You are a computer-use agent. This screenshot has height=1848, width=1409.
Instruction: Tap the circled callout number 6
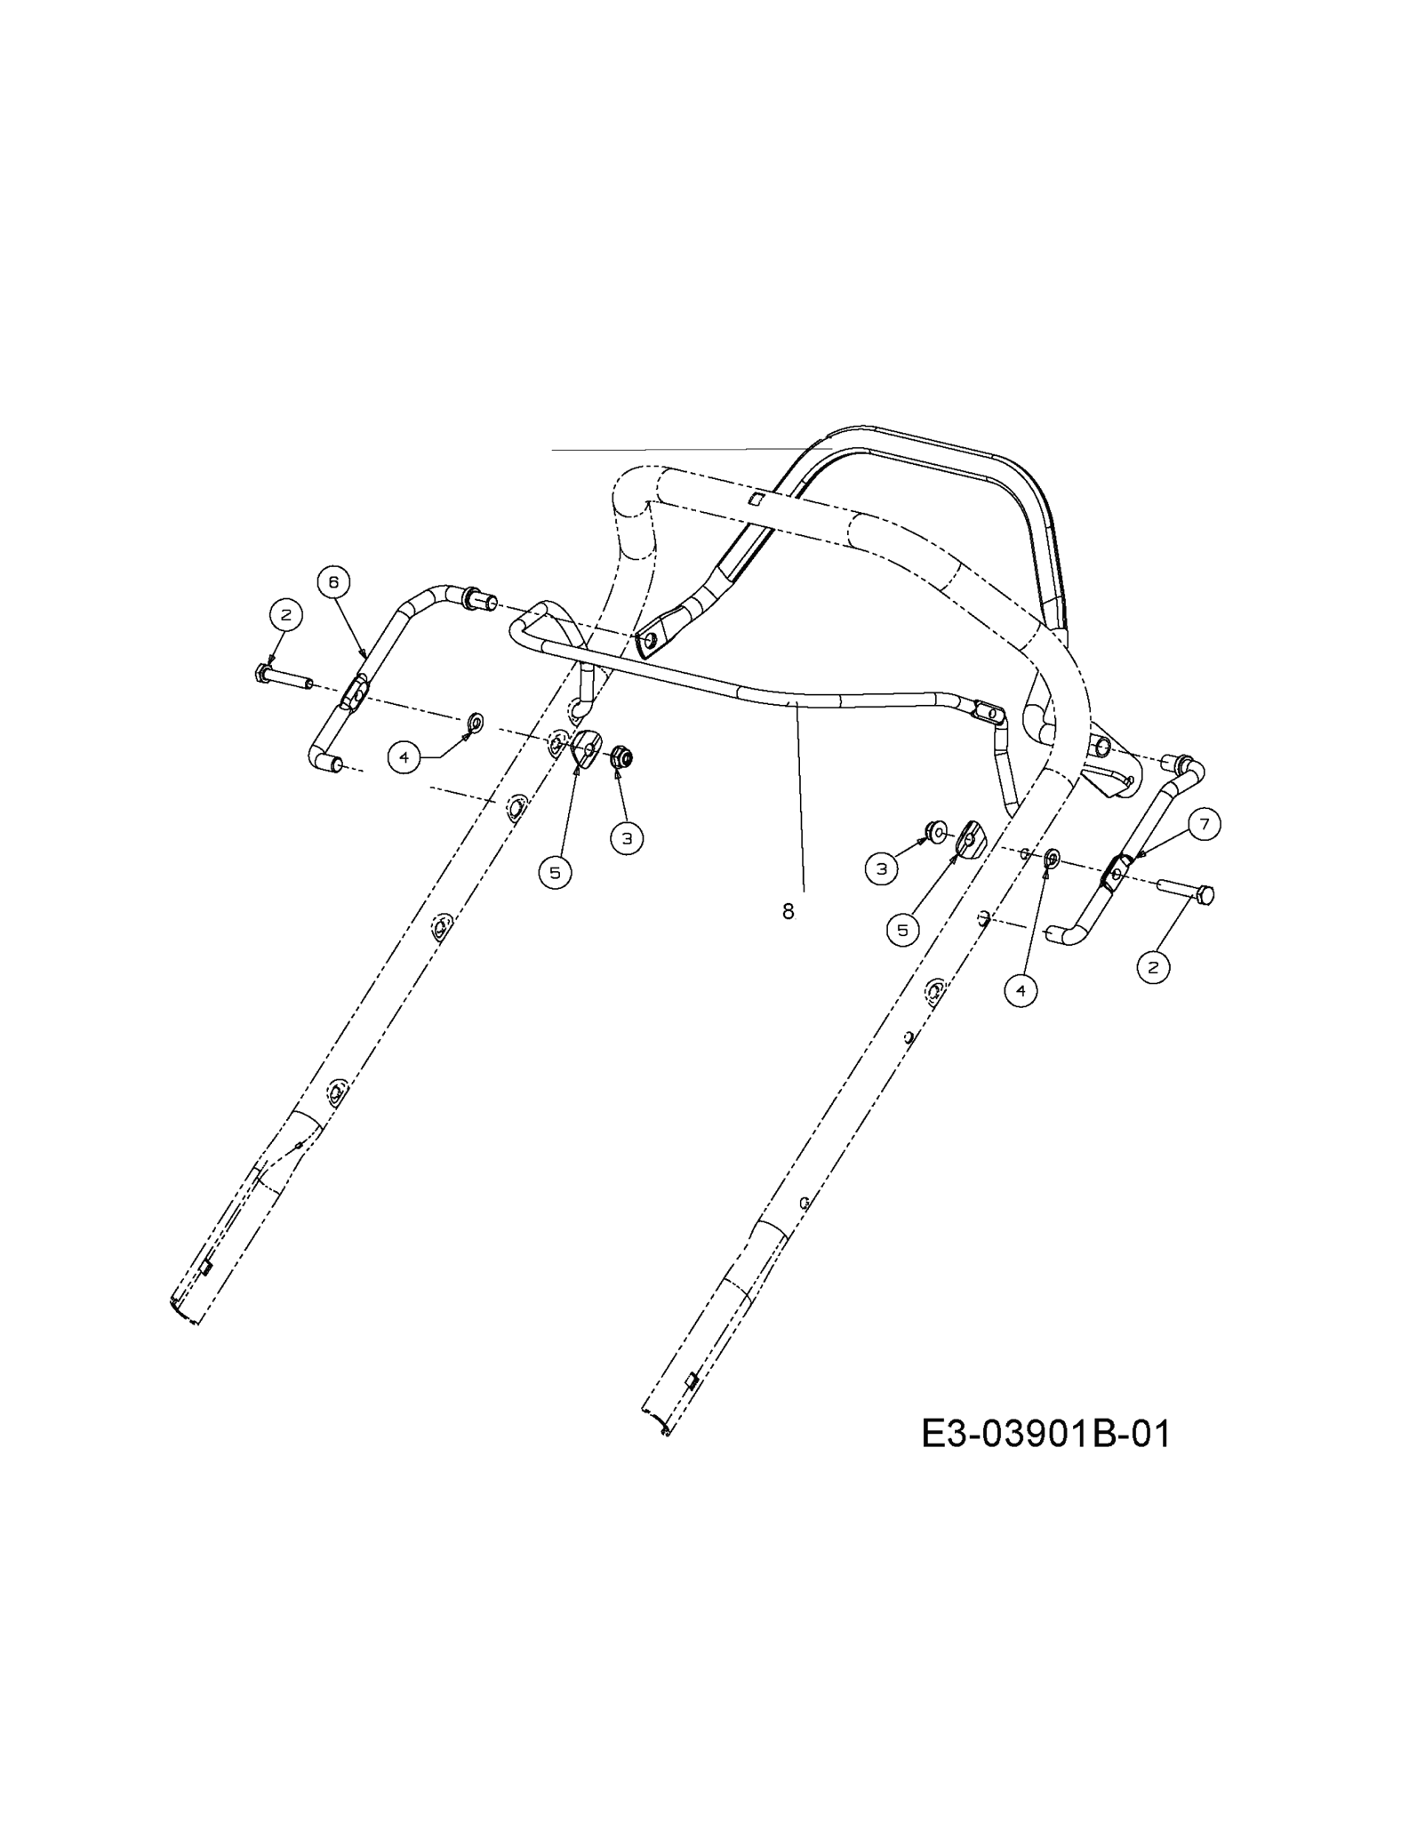tap(333, 582)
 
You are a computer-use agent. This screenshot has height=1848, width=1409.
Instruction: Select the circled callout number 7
tap(1205, 825)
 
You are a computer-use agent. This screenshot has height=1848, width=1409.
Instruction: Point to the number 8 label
tap(788, 911)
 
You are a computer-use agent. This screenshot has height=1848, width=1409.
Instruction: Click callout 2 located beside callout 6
tap(285, 614)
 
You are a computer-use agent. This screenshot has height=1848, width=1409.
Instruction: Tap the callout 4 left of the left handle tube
tap(404, 757)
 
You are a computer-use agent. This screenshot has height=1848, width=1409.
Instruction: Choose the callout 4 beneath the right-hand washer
tap(1021, 990)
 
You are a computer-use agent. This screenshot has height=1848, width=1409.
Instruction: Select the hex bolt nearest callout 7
tap(1186, 891)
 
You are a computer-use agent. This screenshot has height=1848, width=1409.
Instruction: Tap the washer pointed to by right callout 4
tap(1052, 857)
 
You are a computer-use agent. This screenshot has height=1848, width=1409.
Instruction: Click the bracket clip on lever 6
tap(354, 693)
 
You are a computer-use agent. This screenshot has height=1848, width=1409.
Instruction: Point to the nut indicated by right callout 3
tap(935, 831)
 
